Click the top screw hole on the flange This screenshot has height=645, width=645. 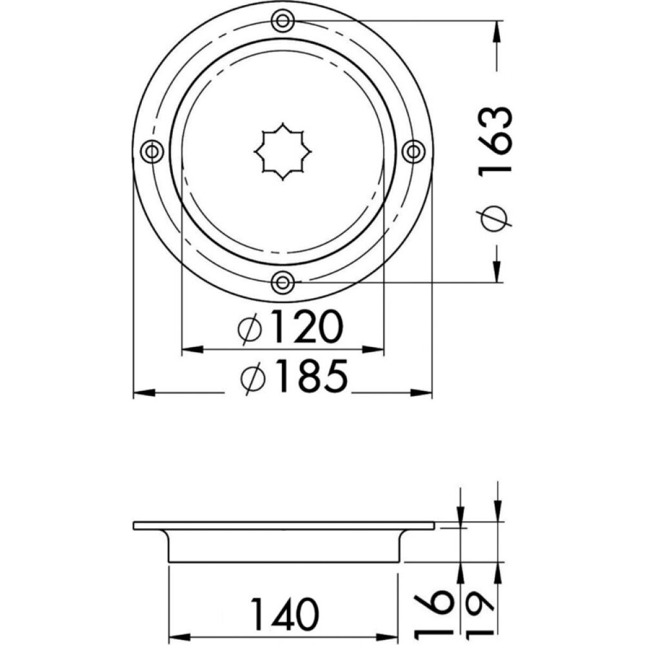click(283, 21)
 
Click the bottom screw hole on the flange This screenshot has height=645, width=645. click(283, 282)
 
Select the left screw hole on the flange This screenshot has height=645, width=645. click(152, 152)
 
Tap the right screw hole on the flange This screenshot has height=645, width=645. click(413, 152)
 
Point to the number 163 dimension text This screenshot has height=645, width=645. click(497, 139)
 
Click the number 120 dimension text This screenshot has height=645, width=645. click(305, 327)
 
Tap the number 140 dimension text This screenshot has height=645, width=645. click(284, 614)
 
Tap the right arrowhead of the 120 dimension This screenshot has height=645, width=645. click(375, 350)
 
